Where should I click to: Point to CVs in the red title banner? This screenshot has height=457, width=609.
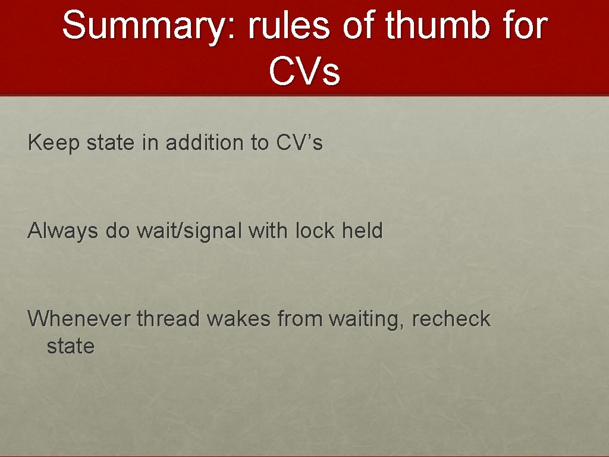coord(304,71)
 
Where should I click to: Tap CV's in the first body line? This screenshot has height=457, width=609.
coord(299,143)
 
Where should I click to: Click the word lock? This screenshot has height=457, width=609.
coord(315,231)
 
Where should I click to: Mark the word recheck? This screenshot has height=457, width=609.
coord(451,319)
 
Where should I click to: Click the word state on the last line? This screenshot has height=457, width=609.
coord(70,346)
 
